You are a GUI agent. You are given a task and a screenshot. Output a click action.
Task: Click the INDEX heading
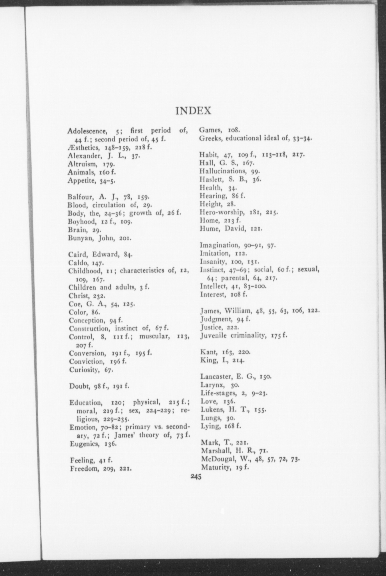click(194, 111)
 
